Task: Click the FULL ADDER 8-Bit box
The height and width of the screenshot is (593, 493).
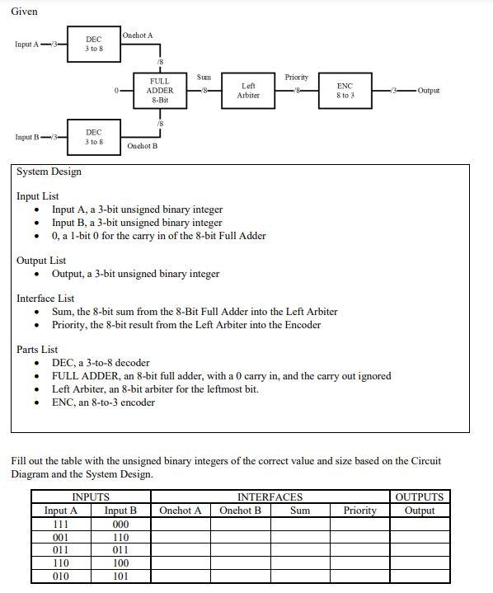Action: coord(160,91)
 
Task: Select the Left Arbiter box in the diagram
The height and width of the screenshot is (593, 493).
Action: coord(248,90)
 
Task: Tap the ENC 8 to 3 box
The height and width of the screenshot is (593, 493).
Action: coord(345,90)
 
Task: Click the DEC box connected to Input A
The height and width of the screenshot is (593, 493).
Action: coord(94,44)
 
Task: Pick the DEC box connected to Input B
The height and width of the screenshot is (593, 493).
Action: coord(94,137)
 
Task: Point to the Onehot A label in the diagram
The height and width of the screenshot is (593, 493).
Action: coord(137,35)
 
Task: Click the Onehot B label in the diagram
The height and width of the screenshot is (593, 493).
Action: coord(142,146)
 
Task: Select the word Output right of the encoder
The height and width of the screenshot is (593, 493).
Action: coord(429,90)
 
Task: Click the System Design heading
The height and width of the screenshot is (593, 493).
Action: coord(49,172)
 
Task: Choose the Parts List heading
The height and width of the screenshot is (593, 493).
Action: coord(37,350)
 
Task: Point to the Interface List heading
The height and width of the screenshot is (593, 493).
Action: coord(45,298)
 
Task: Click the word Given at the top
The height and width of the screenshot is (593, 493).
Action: coord(24,11)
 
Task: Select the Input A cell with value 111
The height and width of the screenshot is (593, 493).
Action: coord(60,524)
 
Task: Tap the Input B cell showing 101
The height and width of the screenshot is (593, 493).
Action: coord(120,577)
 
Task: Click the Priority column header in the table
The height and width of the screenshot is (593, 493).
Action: coord(359,511)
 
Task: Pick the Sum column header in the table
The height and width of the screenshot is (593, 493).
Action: coord(301,511)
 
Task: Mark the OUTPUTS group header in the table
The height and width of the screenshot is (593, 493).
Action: coord(420,497)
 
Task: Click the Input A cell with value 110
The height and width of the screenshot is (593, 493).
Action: coord(60,563)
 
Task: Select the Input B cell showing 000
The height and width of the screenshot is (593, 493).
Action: coord(120,524)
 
